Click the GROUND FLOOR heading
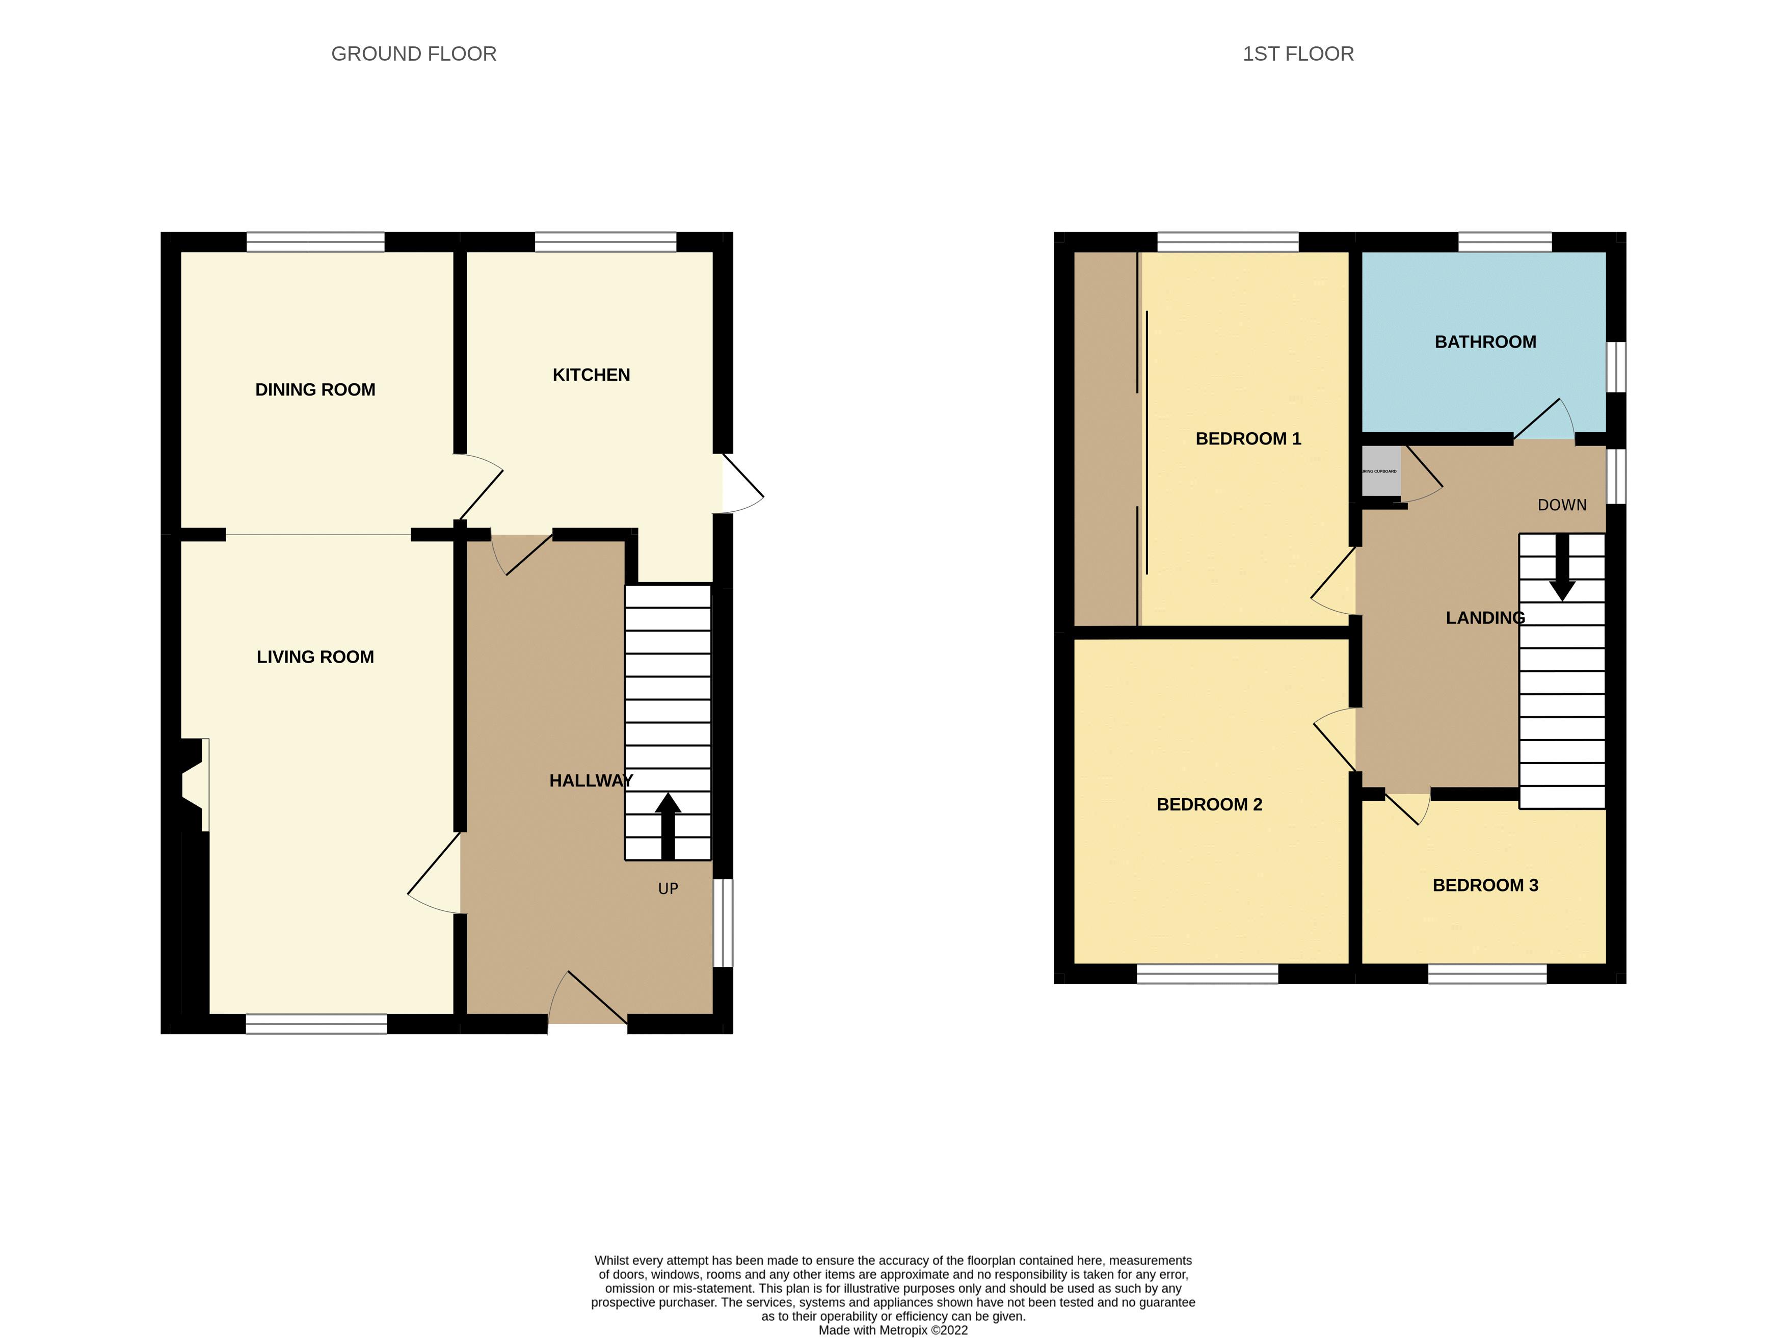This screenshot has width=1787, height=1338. [x=414, y=54]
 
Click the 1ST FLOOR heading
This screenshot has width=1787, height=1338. [x=1297, y=54]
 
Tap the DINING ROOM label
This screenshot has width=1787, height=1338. [x=315, y=389]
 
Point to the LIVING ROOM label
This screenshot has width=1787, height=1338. [x=315, y=657]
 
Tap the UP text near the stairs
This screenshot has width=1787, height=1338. [x=668, y=889]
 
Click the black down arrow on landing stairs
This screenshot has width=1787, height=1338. [x=1562, y=567]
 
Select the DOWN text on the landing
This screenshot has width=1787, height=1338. [x=1562, y=505]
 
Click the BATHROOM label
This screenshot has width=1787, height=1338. [x=1485, y=342]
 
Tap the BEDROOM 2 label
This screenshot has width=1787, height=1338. [x=1209, y=805]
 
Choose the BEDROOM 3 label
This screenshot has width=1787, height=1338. [x=1485, y=885]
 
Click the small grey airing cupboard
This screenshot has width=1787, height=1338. [x=1380, y=471]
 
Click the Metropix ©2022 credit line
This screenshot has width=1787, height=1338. [x=893, y=1330]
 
